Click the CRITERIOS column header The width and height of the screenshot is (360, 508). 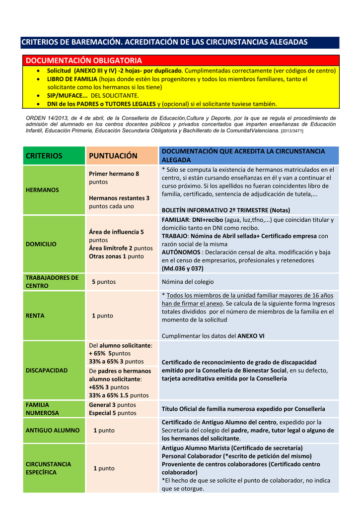pyautogui.click(x=44, y=156)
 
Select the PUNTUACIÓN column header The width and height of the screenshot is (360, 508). pyautogui.click(x=113, y=156)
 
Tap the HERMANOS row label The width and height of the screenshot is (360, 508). pyautogui.click(x=42, y=190)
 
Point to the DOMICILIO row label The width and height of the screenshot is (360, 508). pyautogui.click(x=41, y=244)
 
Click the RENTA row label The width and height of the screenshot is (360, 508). pyautogui.click(x=35, y=316)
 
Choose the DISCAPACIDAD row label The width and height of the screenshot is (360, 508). pyautogui.click(x=47, y=370)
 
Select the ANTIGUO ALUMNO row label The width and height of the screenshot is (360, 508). pyautogui.click(x=52, y=430)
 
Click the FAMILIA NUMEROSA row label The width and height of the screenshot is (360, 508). pyautogui.click(x=42, y=409)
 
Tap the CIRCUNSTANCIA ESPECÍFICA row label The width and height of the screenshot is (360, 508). pyautogui.click(x=48, y=468)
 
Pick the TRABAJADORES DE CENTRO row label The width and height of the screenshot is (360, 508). pyautogui.click(x=52, y=282)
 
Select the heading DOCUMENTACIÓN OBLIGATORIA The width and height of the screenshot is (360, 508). pyautogui.click(x=83, y=61)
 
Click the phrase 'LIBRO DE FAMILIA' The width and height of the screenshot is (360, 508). pyautogui.click(x=72, y=79)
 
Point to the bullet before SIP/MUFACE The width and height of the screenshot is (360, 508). pyautogui.click(x=39, y=95)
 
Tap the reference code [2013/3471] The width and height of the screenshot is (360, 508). pyautogui.click(x=292, y=131)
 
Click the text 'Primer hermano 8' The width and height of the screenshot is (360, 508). pyautogui.click(x=114, y=174)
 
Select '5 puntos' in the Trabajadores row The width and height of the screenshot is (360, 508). pyautogui.click(x=104, y=282)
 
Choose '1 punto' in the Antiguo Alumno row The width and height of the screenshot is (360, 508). pyautogui.click(x=104, y=430)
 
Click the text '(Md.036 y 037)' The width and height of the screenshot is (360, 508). pyautogui.click(x=182, y=268)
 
